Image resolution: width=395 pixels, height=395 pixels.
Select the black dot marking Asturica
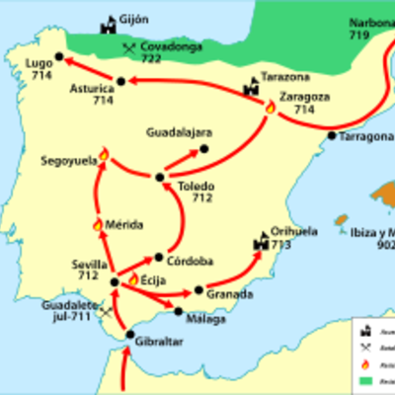[x=120, y=81]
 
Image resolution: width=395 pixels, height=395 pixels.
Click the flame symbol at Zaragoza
[x=271, y=107]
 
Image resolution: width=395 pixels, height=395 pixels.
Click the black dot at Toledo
[x=158, y=178]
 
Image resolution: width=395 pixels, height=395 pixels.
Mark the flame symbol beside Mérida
[x=97, y=225]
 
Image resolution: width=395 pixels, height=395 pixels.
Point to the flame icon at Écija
[x=132, y=279]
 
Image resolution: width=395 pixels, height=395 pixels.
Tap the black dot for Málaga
[x=179, y=312]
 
